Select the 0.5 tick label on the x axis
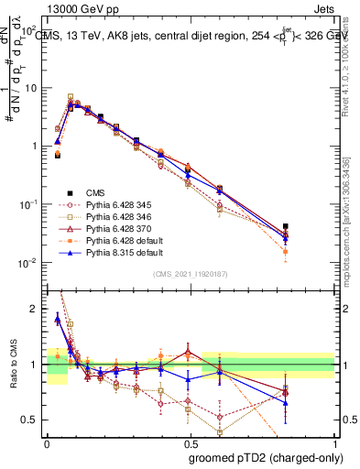click(x=191, y=442)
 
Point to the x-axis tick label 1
click(x=335, y=442)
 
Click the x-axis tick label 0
click(x=47, y=442)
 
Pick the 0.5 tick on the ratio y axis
click(x=31, y=420)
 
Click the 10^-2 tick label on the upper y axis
click(x=27, y=264)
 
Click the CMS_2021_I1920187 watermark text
click(x=191, y=274)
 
